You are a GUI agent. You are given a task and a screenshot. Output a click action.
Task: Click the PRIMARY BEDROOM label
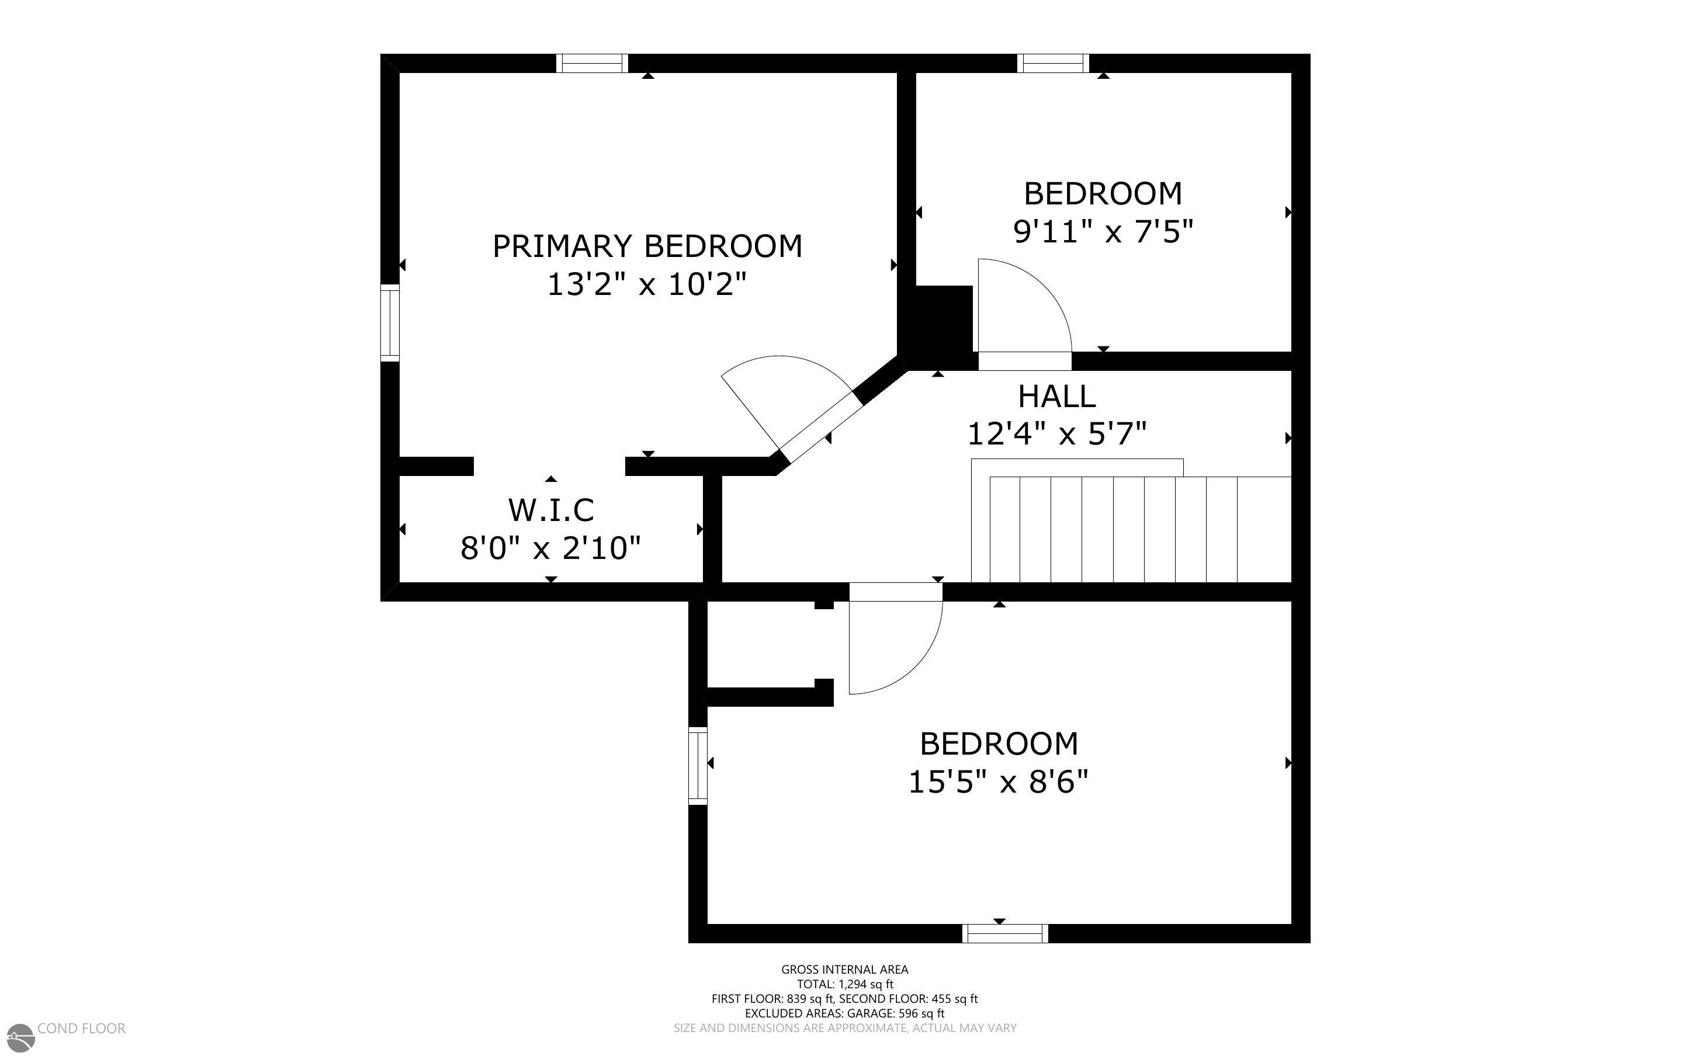647,246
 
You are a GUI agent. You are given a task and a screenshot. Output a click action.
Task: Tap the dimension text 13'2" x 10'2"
647,285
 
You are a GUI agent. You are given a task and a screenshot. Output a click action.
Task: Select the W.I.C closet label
551,510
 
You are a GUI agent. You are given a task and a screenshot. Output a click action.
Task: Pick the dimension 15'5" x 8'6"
998,781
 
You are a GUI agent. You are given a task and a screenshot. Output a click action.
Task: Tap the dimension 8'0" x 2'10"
550,548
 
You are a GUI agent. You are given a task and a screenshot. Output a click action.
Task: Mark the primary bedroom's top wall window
591,64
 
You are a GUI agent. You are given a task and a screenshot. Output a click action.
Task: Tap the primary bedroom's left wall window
390,322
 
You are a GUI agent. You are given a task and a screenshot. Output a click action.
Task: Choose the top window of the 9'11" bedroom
1052,64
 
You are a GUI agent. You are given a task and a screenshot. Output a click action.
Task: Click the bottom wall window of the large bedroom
1005,933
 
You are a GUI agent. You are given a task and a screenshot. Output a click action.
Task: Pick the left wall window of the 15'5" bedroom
698,766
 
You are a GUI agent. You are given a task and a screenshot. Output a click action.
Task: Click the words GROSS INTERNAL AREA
844,970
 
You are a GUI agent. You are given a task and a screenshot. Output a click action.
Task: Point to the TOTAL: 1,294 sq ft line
844,984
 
